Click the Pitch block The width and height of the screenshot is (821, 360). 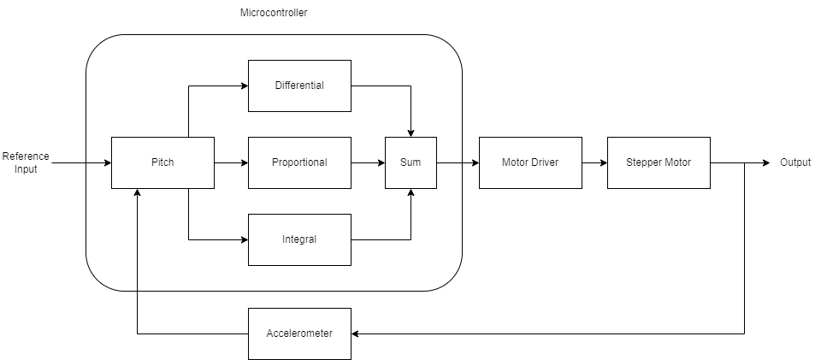(x=162, y=162)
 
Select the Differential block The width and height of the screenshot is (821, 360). (x=299, y=86)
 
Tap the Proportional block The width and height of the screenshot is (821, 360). (x=299, y=162)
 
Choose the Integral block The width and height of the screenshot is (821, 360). (x=299, y=239)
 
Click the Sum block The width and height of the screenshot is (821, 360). (x=410, y=162)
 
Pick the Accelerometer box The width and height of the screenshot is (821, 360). (x=299, y=333)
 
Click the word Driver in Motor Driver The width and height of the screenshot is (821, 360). (x=542, y=162)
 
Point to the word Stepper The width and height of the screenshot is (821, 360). (x=644, y=162)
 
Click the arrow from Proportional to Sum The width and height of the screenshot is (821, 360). (x=368, y=162)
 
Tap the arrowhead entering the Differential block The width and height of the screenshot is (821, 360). (x=244, y=86)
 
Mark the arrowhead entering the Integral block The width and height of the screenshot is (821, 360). (x=244, y=239)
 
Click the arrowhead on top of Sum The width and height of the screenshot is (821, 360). (x=411, y=133)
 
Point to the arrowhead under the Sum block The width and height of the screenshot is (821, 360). (x=411, y=192)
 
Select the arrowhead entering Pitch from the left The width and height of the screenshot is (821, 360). (x=107, y=162)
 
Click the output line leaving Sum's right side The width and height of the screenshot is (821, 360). (x=449, y=162)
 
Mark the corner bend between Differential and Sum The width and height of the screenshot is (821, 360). (x=411, y=86)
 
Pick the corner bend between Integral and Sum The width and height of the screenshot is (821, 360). (x=411, y=239)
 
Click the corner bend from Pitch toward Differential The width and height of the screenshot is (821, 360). (x=188, y=86)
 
